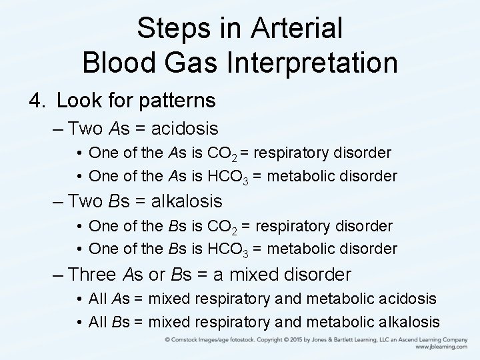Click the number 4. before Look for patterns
[37, 101]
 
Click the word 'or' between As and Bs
[157, 274]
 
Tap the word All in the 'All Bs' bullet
[98, 322]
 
